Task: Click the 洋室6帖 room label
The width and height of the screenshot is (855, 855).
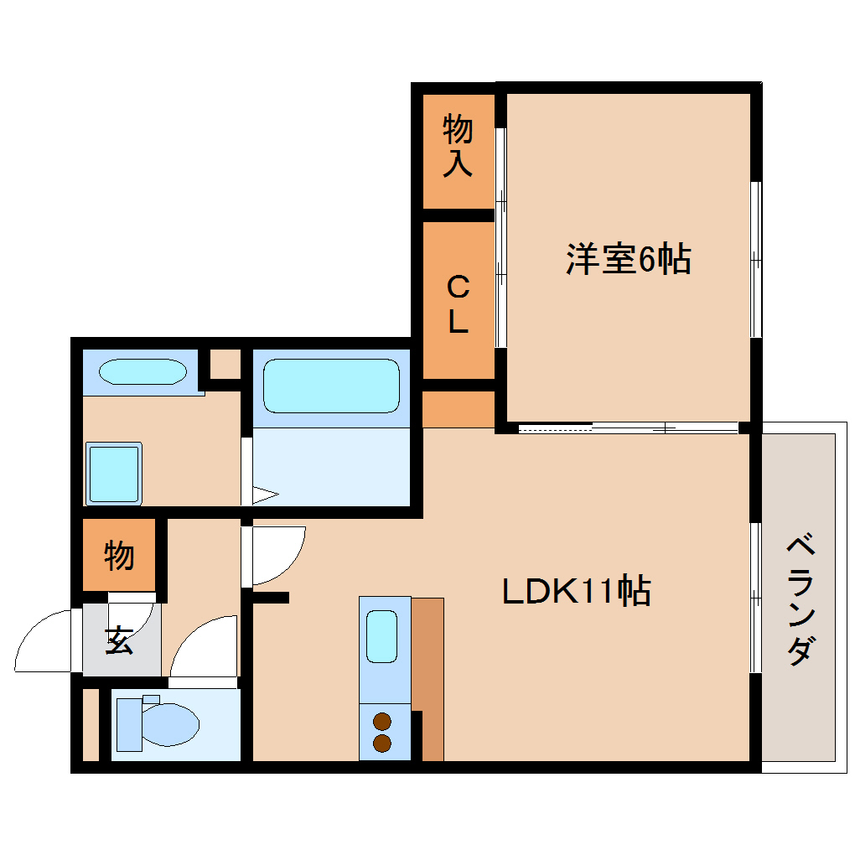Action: tap(628, 259)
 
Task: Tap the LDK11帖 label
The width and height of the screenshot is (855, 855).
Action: tap(577, 592)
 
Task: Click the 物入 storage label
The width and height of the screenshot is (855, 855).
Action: tap(458, 146)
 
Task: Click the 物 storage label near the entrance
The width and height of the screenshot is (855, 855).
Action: tap(119, 555)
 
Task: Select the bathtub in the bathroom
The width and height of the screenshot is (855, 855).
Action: tap(331, 386)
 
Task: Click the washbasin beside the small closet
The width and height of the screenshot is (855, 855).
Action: tap(142, 371)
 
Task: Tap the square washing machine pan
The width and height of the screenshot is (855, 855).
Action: tap(113, 474)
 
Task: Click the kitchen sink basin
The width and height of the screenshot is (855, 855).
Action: tap(381, 638)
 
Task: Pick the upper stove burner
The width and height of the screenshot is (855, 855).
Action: tap(382, 721)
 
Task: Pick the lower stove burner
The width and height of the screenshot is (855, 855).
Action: tap(382, 742)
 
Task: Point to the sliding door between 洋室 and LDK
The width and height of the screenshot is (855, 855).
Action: tap(629, 428)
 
